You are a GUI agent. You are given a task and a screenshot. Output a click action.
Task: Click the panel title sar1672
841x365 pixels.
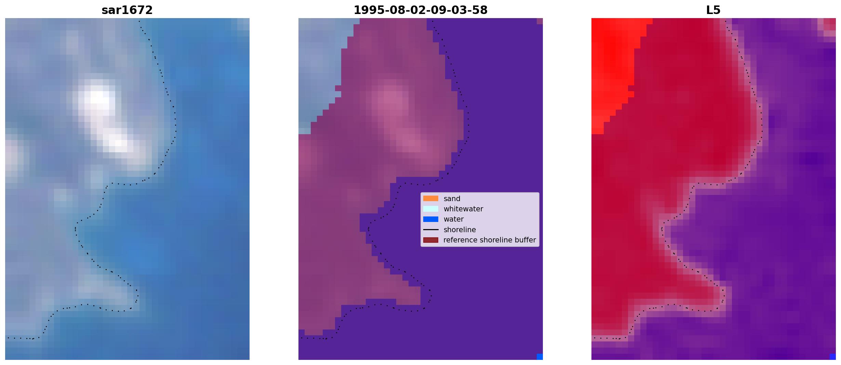click(127, 10)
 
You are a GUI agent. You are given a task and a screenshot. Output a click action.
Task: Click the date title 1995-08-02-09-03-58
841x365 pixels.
click(420, 10)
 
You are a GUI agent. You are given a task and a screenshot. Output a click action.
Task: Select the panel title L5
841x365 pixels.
click(713, 10)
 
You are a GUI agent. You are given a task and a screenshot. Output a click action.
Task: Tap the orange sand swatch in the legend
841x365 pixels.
click(431, 198)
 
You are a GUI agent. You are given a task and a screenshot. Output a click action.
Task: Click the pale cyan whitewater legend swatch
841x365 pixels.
click(431, 209)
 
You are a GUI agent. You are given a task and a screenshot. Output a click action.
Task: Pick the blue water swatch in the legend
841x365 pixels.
click(431, 219)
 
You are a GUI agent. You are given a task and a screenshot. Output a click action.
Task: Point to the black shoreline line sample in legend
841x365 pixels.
click(431, 230)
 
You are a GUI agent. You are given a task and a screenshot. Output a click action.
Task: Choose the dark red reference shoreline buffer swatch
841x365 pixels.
click(431, 240)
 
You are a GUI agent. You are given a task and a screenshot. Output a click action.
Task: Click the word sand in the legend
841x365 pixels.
click(452, 199)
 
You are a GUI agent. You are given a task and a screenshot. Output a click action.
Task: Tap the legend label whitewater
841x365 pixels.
click(463, 209)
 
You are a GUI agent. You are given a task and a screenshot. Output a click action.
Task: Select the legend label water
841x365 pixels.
click(454, 219)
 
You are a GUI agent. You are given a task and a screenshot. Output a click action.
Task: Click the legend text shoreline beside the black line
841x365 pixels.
click(460, 230)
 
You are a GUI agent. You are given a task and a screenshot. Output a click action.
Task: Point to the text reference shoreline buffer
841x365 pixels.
click(490, 240)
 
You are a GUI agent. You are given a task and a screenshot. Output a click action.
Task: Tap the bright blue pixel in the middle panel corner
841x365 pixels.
click(540, 357)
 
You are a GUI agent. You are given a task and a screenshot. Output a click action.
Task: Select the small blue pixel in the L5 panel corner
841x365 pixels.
click(833, 357)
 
